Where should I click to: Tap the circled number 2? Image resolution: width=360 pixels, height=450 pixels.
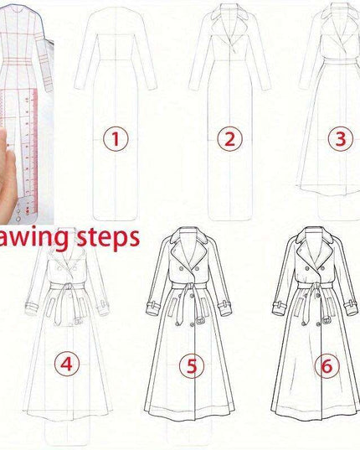pyautogui.click(x=228, y=138)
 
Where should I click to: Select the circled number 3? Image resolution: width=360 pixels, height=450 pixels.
pyautogui.click(x=339, y=138)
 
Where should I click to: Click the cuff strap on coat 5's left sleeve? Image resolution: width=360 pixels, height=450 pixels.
pyautogui.click(x=154, y=301)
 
